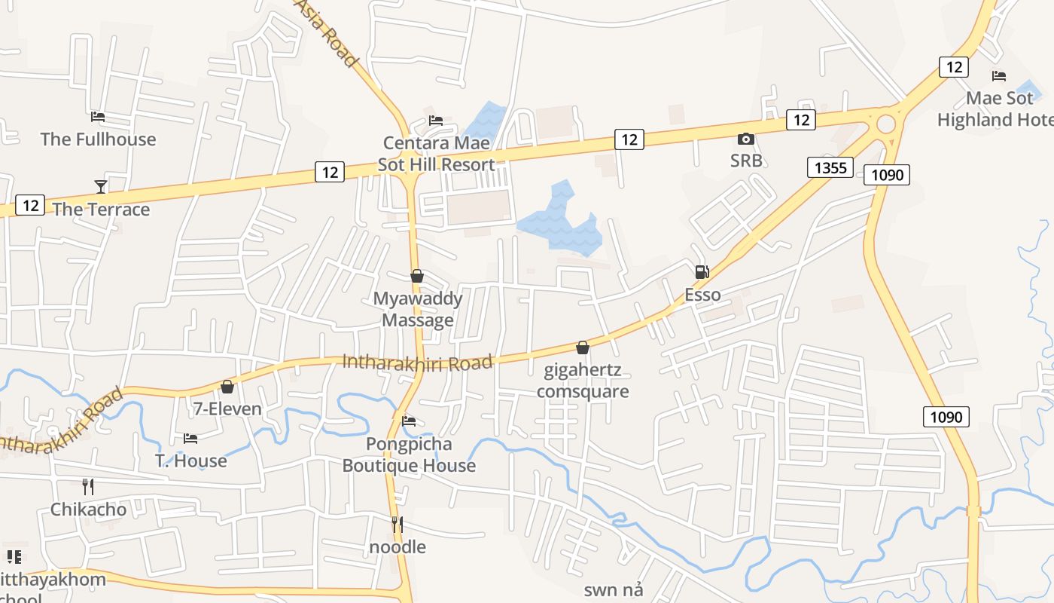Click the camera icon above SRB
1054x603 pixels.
[745, 139]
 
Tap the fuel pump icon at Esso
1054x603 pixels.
[702, 272]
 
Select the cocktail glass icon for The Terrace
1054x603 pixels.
[101, 187]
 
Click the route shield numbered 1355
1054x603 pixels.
[830, 167]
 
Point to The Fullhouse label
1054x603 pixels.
[98, 139]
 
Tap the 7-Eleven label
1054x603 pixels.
[227, 409]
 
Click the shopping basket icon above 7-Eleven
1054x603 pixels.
[227, 387]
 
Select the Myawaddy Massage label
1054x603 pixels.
[417, 309]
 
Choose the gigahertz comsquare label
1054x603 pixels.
[583, 381]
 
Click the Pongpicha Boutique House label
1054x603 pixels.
[409, 455]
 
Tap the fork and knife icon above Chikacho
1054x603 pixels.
[88, 487]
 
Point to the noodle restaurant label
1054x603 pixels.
[398, 546]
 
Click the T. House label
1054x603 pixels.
[190, 461]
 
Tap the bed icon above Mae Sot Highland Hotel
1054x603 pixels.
[999, 76]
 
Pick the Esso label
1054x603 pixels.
[702, 295]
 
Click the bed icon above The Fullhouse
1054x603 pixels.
[98, 117]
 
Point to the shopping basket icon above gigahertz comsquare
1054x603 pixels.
[582, 347]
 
